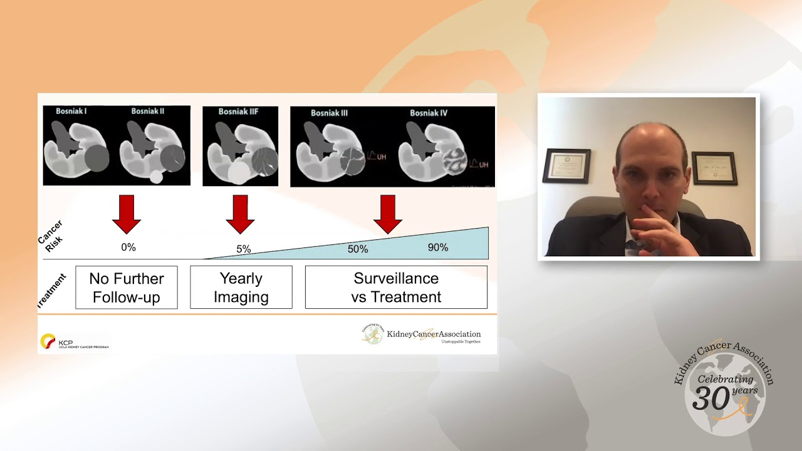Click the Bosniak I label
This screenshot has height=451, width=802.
click(71, 111)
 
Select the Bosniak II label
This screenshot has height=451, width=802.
click(148, 111)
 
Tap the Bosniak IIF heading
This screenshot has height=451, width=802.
click(238, 111)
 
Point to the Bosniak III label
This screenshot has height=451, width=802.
click(330, 113)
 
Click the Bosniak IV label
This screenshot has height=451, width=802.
click(429, 113)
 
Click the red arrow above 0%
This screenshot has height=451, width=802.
click(127, 214)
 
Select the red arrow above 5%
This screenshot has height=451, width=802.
click(240, 214)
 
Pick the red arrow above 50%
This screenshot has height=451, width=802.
click(388, 214)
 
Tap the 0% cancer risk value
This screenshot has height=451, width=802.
click(128, 247)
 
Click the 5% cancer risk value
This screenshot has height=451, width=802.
click(244, 249)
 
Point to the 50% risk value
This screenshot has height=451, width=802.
click(358, 249)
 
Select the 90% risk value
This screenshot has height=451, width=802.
click(438, 247)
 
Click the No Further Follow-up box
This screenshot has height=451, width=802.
click(127, 288)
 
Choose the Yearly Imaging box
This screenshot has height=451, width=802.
click(241, 288)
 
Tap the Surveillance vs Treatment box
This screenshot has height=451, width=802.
click(396, 288)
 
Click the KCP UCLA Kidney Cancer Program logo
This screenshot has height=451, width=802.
click(74, 342)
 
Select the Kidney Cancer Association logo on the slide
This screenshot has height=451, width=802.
click(421, 334)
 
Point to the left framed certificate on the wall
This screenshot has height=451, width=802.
click(566, 165)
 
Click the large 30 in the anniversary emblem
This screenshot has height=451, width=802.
click(711, 397)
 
